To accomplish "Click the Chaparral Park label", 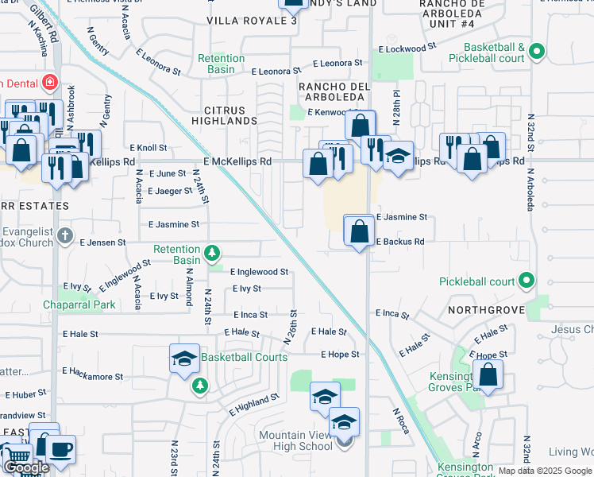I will click(79, 304).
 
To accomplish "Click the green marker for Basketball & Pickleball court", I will click(536, 52).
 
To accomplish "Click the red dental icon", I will click(50, 81).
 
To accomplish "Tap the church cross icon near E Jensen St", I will click(66, 236).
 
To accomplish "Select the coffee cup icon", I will click(60, 448).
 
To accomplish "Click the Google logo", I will click(26, 467).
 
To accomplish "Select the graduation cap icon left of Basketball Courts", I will click(184, 359).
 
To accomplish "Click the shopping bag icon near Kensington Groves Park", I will click(488, 375).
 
